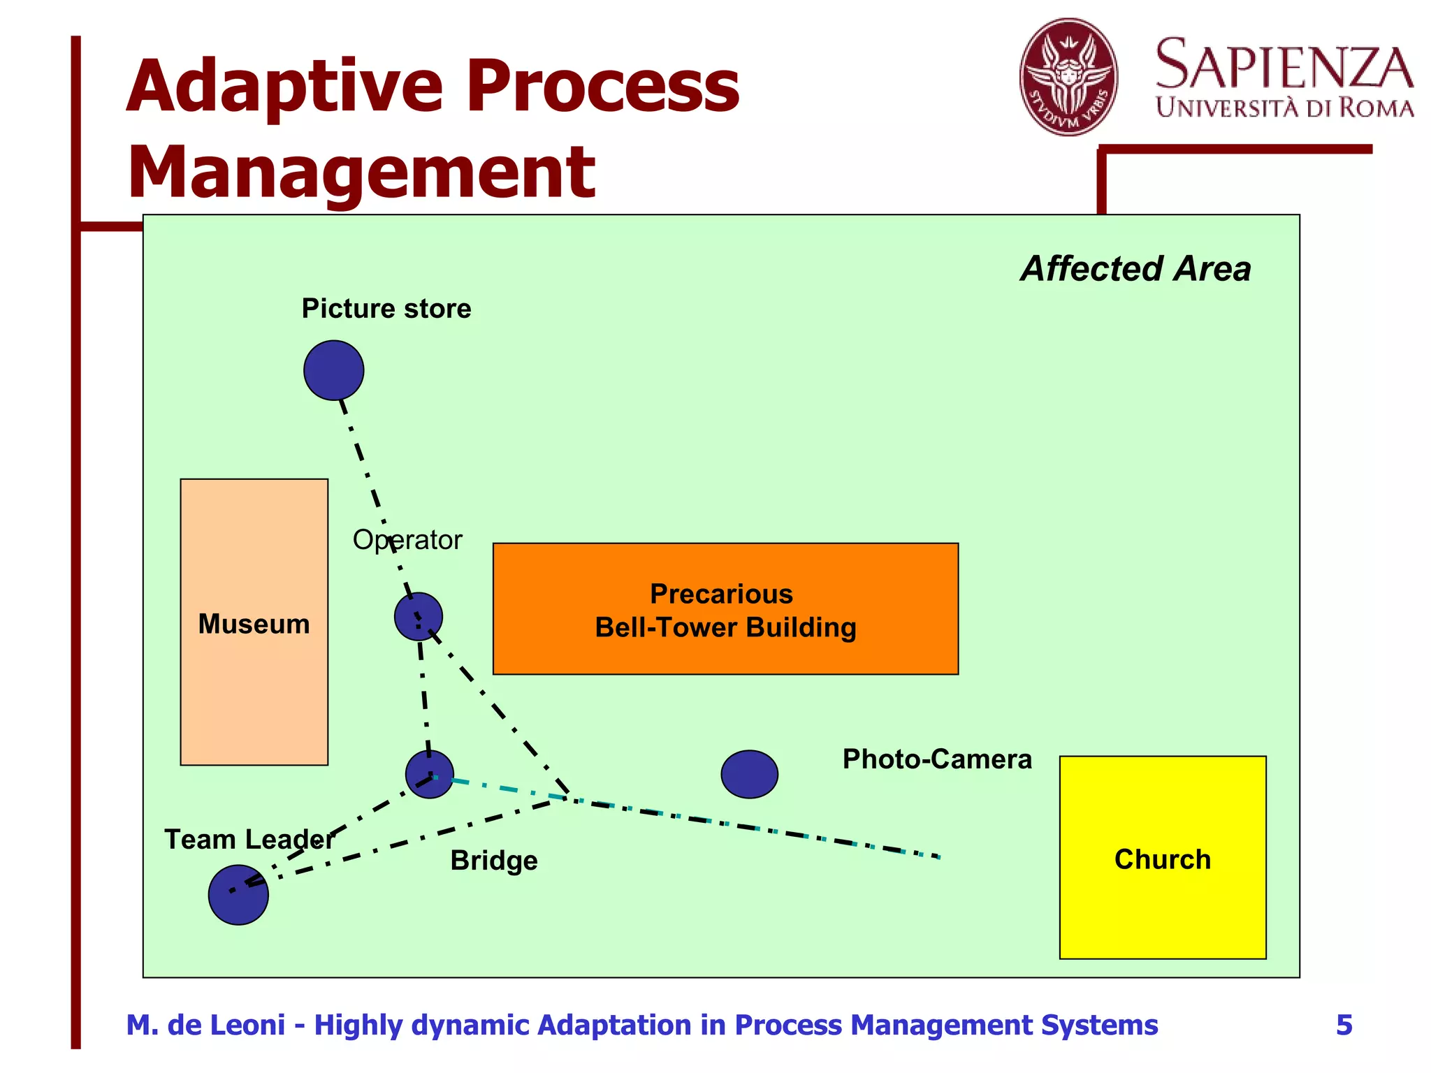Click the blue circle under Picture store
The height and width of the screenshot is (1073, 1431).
click(x=333, y=370)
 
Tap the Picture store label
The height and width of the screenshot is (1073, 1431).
click(x=386, y=309)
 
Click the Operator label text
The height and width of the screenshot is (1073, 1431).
click(x=407, y=540)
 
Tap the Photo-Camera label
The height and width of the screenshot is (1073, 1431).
click(x=936, y=759)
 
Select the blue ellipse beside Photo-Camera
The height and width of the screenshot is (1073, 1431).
click(x=749, y=774)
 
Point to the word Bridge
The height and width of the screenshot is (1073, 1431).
click(x=493, y=861)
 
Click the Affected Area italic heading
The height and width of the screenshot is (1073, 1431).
click(x=1135, y=269)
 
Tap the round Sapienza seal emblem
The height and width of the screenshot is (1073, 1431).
click(x=1068, y=77)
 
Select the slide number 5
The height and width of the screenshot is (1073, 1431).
click(x=1344, y=1025)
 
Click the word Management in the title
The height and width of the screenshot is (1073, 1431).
click(x=361, y=172)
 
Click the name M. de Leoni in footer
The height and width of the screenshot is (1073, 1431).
click(x=205, y=1025)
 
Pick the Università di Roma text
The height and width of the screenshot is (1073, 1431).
click(x=1284, y=108)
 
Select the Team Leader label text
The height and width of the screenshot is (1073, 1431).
click(x=249, y=840)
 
